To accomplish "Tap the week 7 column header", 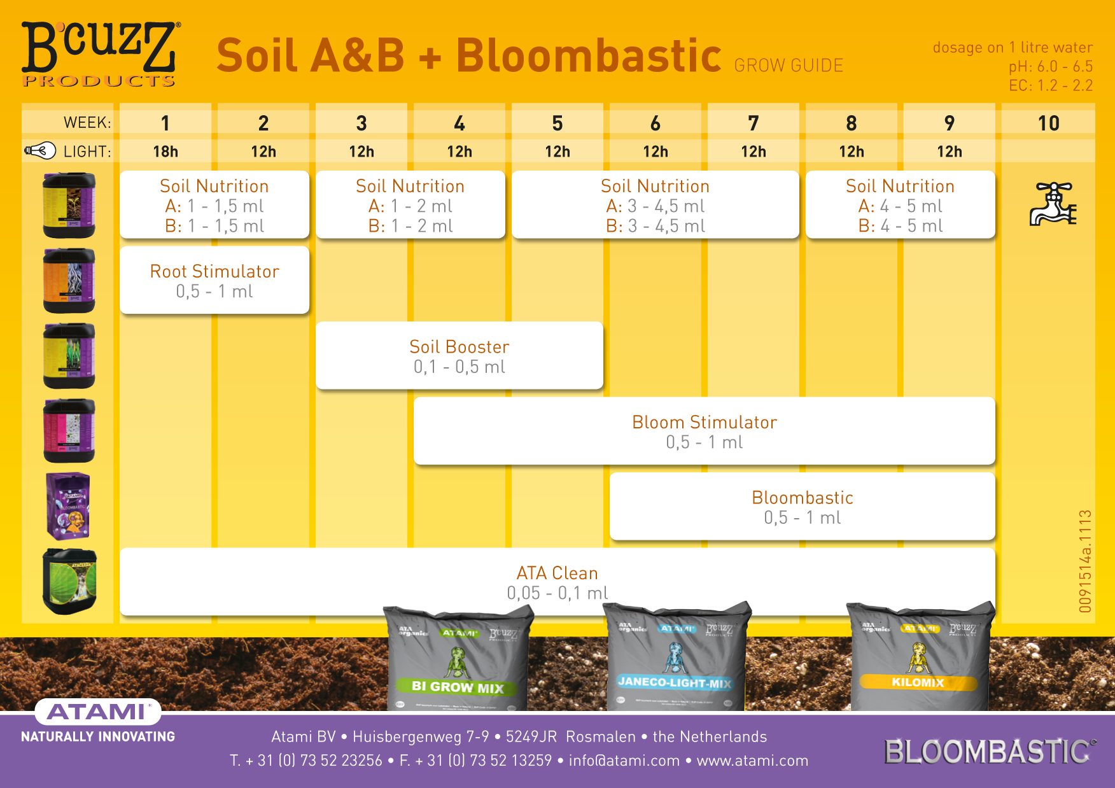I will (754, 123).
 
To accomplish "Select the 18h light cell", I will (165, 151).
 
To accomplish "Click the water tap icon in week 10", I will (1052, 204).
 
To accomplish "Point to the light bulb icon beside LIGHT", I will (40, 151).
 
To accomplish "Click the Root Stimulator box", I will (214, 281).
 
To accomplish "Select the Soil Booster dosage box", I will (459, 356).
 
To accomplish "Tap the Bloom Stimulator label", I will (704, 422).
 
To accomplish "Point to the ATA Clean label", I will (557, 573).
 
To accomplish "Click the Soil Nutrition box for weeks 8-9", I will (900, 205).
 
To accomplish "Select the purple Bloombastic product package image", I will (68, 506).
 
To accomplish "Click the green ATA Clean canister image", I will (69, 581).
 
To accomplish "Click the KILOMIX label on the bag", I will (918, 682).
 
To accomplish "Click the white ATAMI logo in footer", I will (97, 711).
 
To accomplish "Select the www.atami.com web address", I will (752, 761).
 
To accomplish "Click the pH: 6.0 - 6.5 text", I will (1050, 66).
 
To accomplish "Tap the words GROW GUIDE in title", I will (789, 66).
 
